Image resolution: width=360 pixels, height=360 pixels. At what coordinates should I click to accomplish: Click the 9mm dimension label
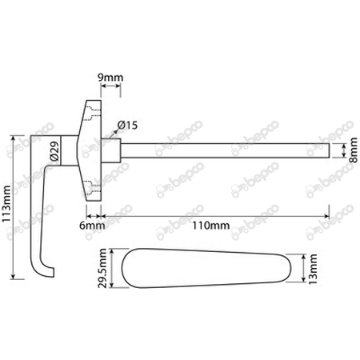pyautogui.click(x=111, y=78)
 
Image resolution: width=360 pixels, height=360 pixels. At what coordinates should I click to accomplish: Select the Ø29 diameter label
pyautogui.click(x=53, y=151)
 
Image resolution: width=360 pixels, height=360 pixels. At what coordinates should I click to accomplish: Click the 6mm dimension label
pyautogui.click(x=94, y=226)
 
